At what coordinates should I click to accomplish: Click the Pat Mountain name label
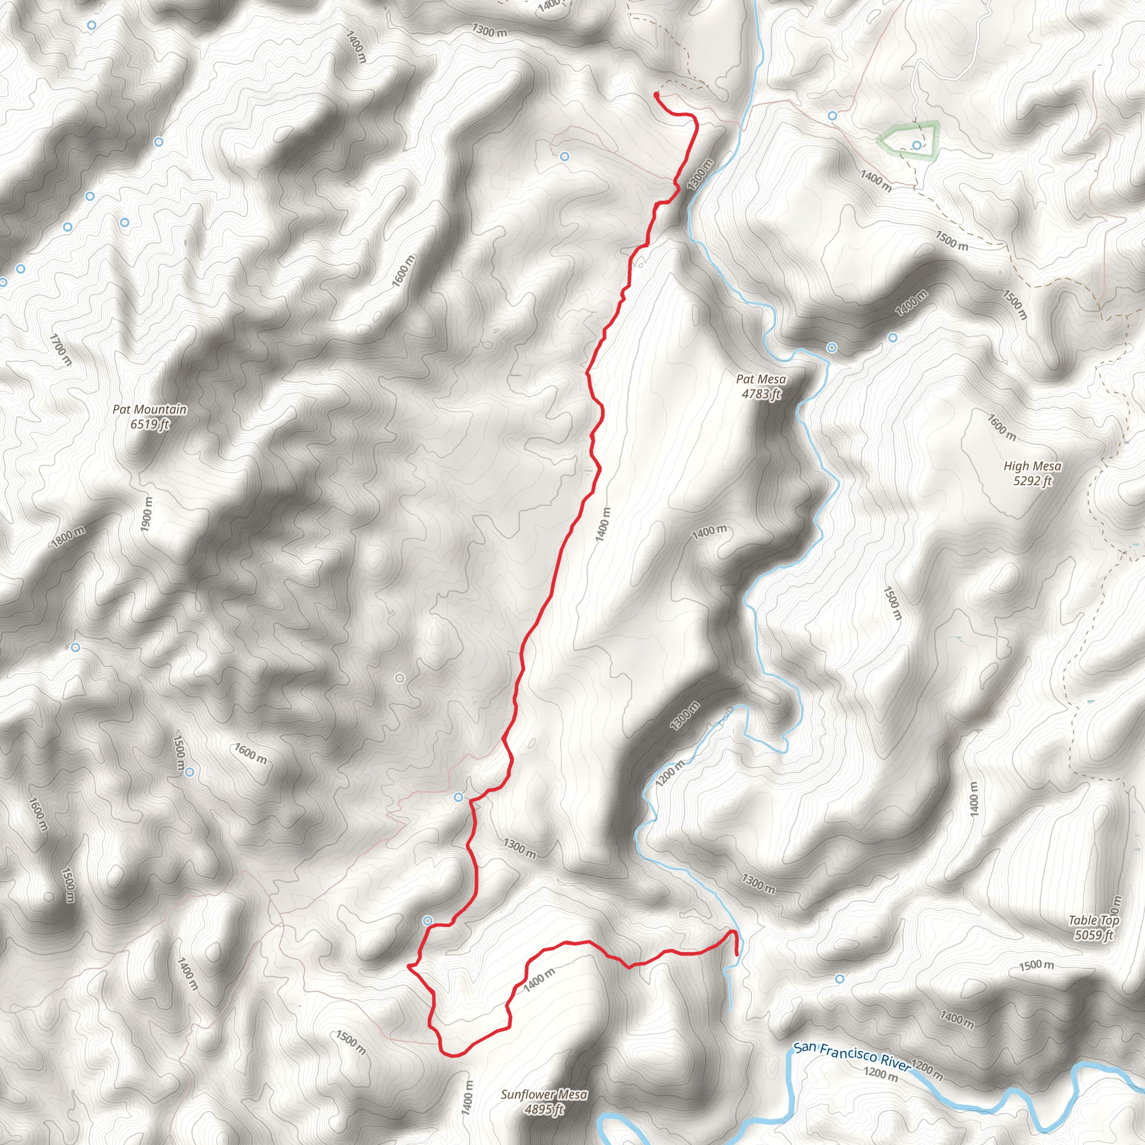pyautogui.click(x=149, y=409)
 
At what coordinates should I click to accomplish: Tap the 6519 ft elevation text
pyautogui.click(x=149, y=424)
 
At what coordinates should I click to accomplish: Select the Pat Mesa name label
pyautogui.click(x=761, y=378)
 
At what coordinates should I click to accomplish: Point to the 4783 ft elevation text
pyautogui.click(x=761, y=394)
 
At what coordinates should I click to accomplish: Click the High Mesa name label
pyautogui.click(x=1033, y=466)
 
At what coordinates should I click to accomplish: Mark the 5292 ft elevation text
pyautogui.click(x=1033, y=481)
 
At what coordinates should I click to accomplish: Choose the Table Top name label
pyautogui.click(x=1094, y=920)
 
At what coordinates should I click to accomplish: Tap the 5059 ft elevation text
pyautogui.click(x=1094, y=935)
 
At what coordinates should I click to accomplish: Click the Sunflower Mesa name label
pyautogui.click(x=544, y=1094)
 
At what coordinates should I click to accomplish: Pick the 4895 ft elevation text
pyautogui.click(x=544, y=1109)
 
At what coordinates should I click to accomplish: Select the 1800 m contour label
pyautogui.click(x=68, y=537)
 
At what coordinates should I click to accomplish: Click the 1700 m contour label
pyautogui.click(x=60, y=349)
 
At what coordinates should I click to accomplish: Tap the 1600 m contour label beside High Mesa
pyautogui.click(x=1001, y=427)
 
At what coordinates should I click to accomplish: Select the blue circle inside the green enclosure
pyautogui.click(x=917, y=145)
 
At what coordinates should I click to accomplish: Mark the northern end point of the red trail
pyautogui.click(x=656, y=95)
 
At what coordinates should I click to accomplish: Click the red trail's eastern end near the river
pyautogui.click(x=737, y=955)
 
